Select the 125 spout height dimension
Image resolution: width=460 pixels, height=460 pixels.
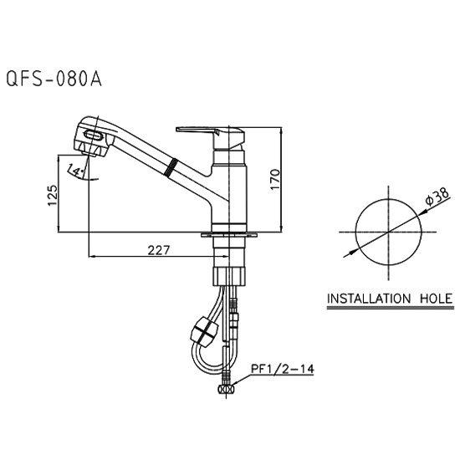pos(53,197)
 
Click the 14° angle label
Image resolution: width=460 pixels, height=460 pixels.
pos(80,170)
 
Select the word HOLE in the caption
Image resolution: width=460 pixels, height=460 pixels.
pos(433,298)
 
